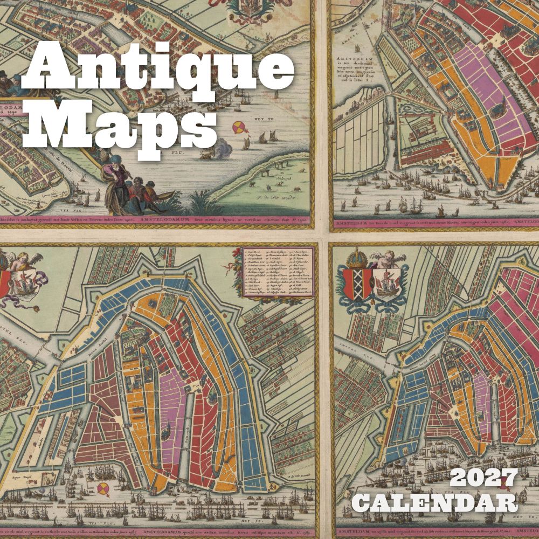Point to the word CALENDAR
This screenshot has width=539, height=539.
click(437, 502)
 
